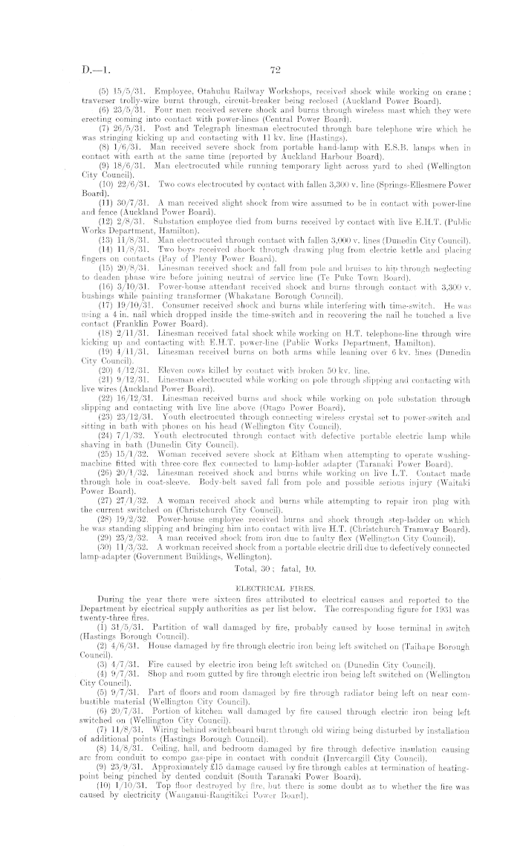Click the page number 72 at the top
[x=273, y=71]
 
